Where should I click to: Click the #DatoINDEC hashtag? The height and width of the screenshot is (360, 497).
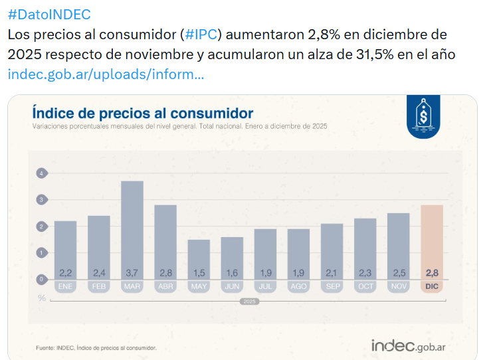pyautogui.click(x=49, y=15)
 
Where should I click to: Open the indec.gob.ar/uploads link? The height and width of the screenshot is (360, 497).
pyautogui.click(x=106, y=74)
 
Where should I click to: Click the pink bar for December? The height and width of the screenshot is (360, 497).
pyautogui.click(x=432, y=239)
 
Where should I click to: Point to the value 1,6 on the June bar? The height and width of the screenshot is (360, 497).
pyautogui.click(x=232, y=273)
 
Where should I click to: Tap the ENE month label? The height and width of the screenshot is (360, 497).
pyautogui.click(x=65, y=286)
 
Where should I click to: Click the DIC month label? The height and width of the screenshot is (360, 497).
pyautogui.click(x=432, y=286)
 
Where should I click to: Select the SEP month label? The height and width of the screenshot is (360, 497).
pyautogui.click(x=332, y=286)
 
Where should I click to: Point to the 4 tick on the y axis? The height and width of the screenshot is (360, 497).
pyautogui.click(x=41, y=173)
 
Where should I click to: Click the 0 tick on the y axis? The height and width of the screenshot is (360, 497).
pyautogui.click(x=41, y=279)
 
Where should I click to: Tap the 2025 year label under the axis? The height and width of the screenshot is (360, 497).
pyautogui.click(x=248, y=301)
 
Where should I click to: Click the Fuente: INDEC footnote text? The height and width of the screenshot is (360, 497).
pyautogui.click(x=96, y=347)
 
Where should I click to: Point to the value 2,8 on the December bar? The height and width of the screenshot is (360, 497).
pyautogui.click(x=432, y=273)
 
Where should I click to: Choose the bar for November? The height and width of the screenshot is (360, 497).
pyautogui.click(x=399, y=242)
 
